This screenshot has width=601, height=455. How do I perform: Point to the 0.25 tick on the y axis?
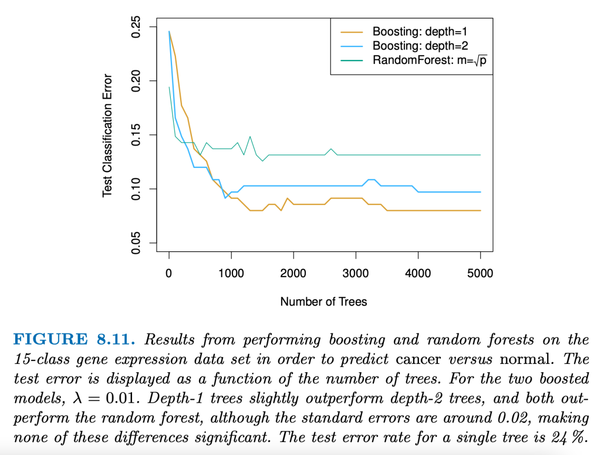(136, 27)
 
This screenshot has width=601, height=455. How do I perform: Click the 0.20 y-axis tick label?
(136, 81)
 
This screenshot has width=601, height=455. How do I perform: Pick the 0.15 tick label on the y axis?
(136, 135)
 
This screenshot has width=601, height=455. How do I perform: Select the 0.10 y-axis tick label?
(136, 189)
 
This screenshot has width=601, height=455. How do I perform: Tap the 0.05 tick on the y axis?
(136, 243)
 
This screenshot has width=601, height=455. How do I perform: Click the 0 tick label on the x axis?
(169, 273)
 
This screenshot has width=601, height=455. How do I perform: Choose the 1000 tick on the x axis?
(231, 273)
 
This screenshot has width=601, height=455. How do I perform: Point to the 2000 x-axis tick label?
(293, 273)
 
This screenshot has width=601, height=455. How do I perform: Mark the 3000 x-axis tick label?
(356, 273)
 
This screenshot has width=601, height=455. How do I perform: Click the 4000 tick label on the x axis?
(418, 273)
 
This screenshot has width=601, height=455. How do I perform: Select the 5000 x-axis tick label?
(480, 273)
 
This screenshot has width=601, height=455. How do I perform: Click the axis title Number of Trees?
(323, 302)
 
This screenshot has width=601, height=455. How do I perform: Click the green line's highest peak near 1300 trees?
(250, 136)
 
